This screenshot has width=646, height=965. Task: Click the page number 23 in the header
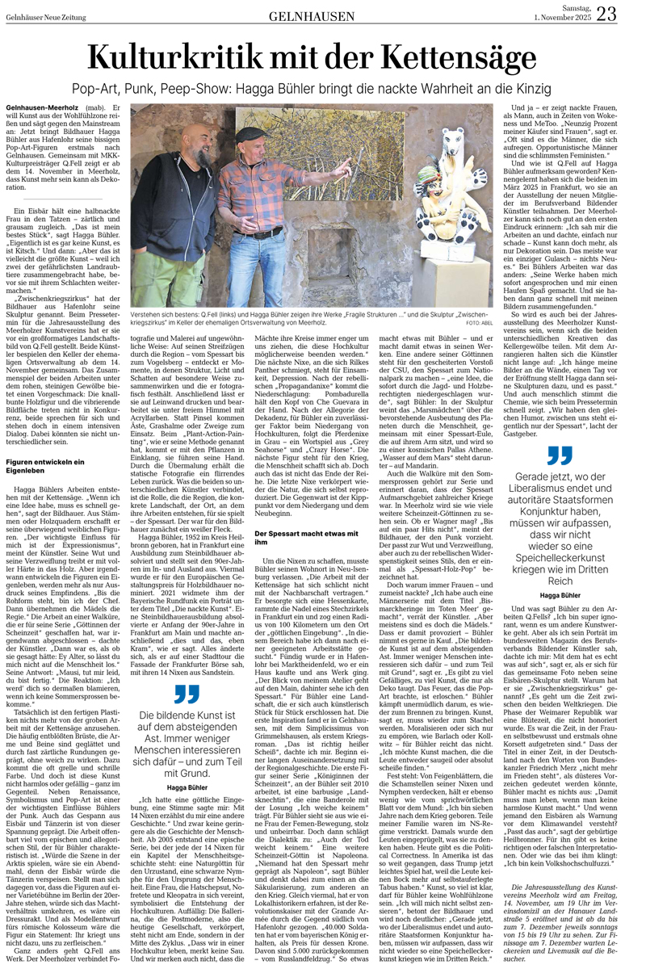click(x=628, y=14)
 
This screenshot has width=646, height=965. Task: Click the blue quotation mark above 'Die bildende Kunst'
click(x=187, y=694)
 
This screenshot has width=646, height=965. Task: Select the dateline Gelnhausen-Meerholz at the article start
click(x=36, y=107)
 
